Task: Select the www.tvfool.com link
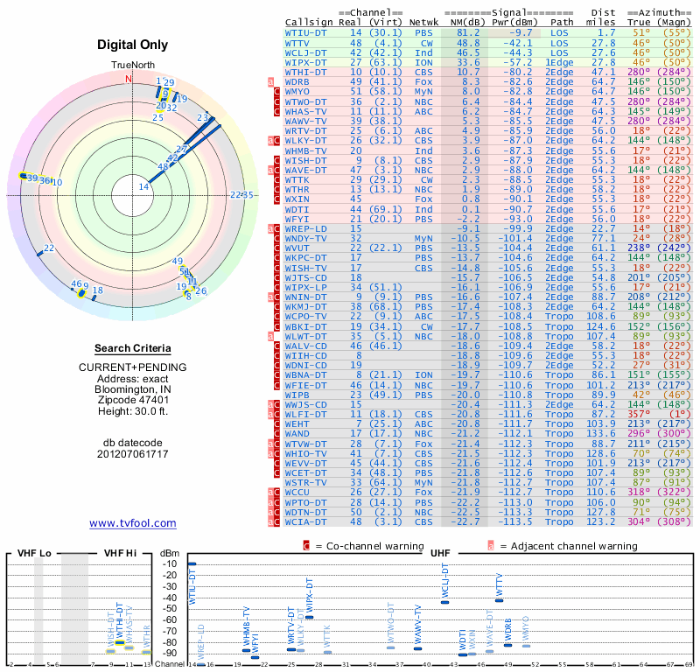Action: [132, 523]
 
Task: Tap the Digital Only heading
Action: [133, 44]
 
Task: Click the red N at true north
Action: [129, 78]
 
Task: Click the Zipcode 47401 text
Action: [133, 400]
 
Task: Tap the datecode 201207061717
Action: [133, 453]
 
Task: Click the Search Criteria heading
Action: [132, 347]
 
